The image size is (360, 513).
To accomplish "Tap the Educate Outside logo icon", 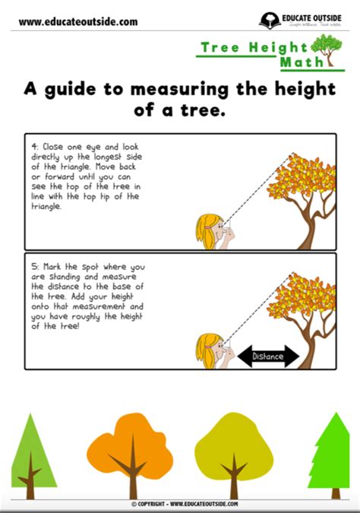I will coord(268,21).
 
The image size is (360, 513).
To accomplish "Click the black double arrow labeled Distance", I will coord(268,355).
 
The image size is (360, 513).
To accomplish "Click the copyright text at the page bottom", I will coord(185,504).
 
